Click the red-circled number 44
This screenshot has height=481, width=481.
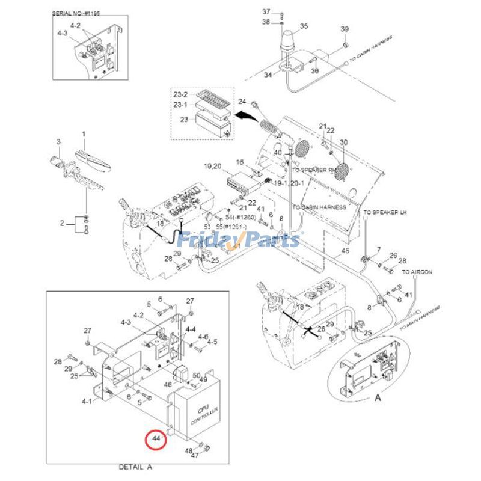pyautogui.click(x=156, y=438)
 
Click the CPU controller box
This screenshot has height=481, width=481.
pyautogui.click(x=199, y=414)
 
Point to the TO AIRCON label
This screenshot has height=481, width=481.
pyautogui.click(x=417, y=272)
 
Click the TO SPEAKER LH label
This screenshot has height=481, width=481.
pyautogui.click(x=385, y=213)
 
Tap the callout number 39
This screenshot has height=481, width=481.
pyautogui.click(x=345, y=29)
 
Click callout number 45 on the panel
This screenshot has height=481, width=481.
pyautogui.click(x=345, y=250)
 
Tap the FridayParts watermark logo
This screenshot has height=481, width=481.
pyautogui.click(x=240, y=240)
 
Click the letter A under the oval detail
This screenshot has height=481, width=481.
pyautogui.click(x=378, y=397)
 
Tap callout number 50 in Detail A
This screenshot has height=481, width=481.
pyautogui.click(x=196, y=375)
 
